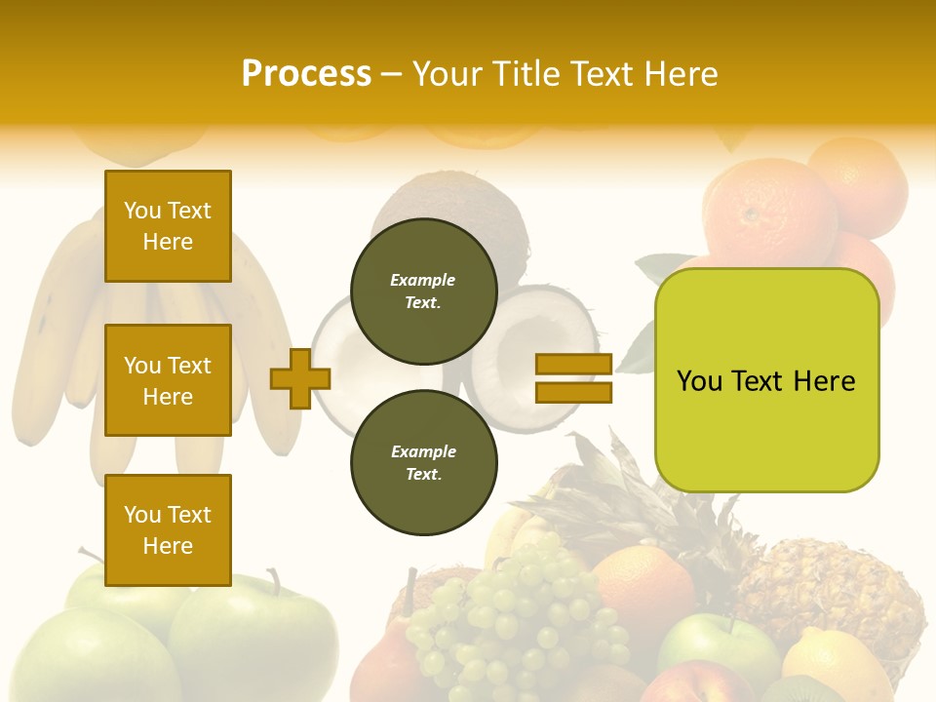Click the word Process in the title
tap(306, 74)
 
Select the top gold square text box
tap(168, 226)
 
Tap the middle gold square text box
tap(168, 380)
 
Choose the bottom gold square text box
tap(168, 529)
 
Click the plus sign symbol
tap(300, 378)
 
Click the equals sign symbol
tap(573, 378)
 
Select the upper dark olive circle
tap(423, 291)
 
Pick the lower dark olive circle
tap(423, 462)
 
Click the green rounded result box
tap(766, 380)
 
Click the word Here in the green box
tap(824, 381)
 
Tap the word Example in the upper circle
tap(423, 280)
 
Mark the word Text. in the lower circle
tap(423, 475)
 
